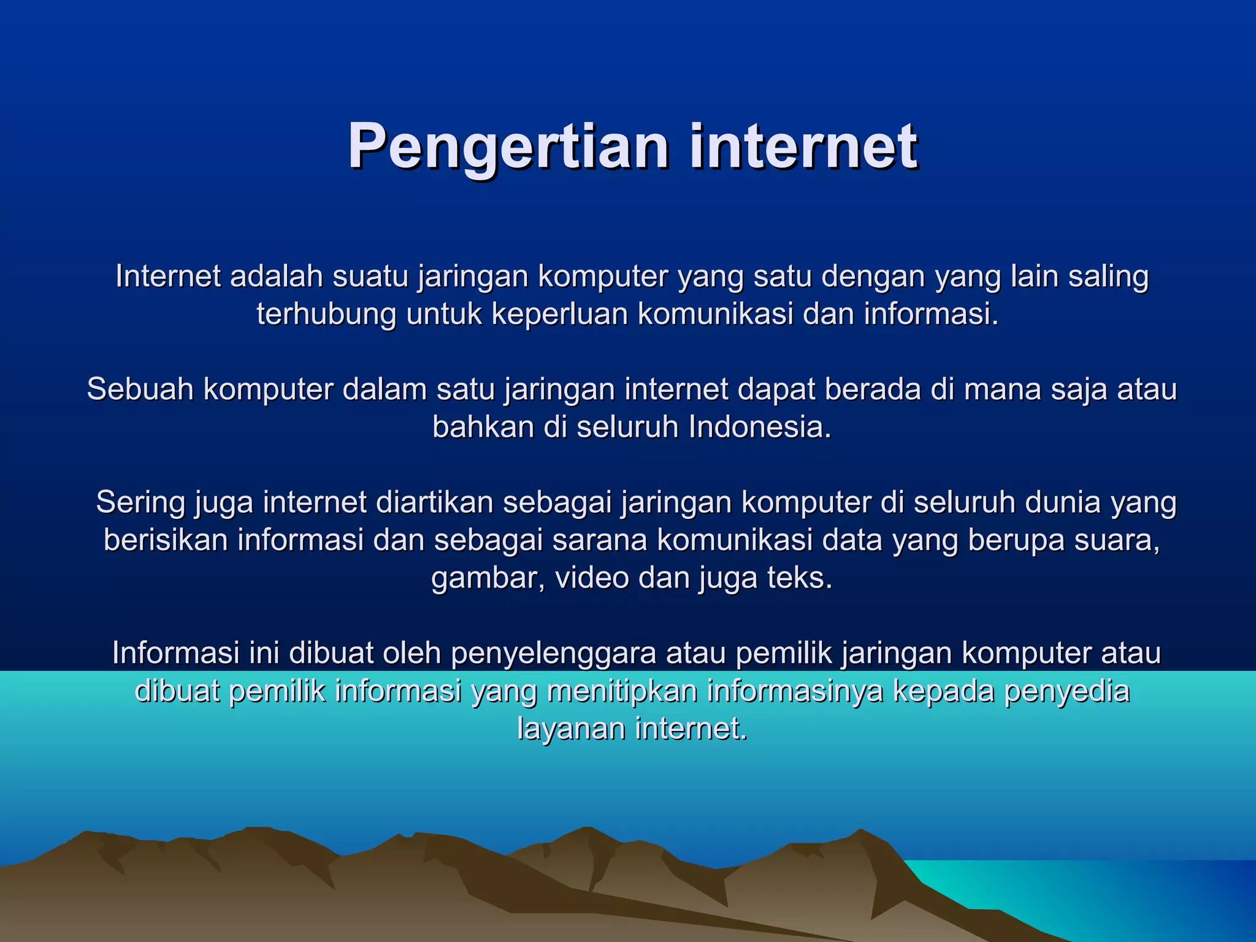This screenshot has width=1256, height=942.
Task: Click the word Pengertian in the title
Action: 508,147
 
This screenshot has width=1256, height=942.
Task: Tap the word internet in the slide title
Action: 803,147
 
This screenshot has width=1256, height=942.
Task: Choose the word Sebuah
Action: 140,389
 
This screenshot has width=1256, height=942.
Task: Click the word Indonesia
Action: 760,427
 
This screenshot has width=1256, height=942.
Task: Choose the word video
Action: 592,578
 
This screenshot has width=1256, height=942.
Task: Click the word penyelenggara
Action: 554,654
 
